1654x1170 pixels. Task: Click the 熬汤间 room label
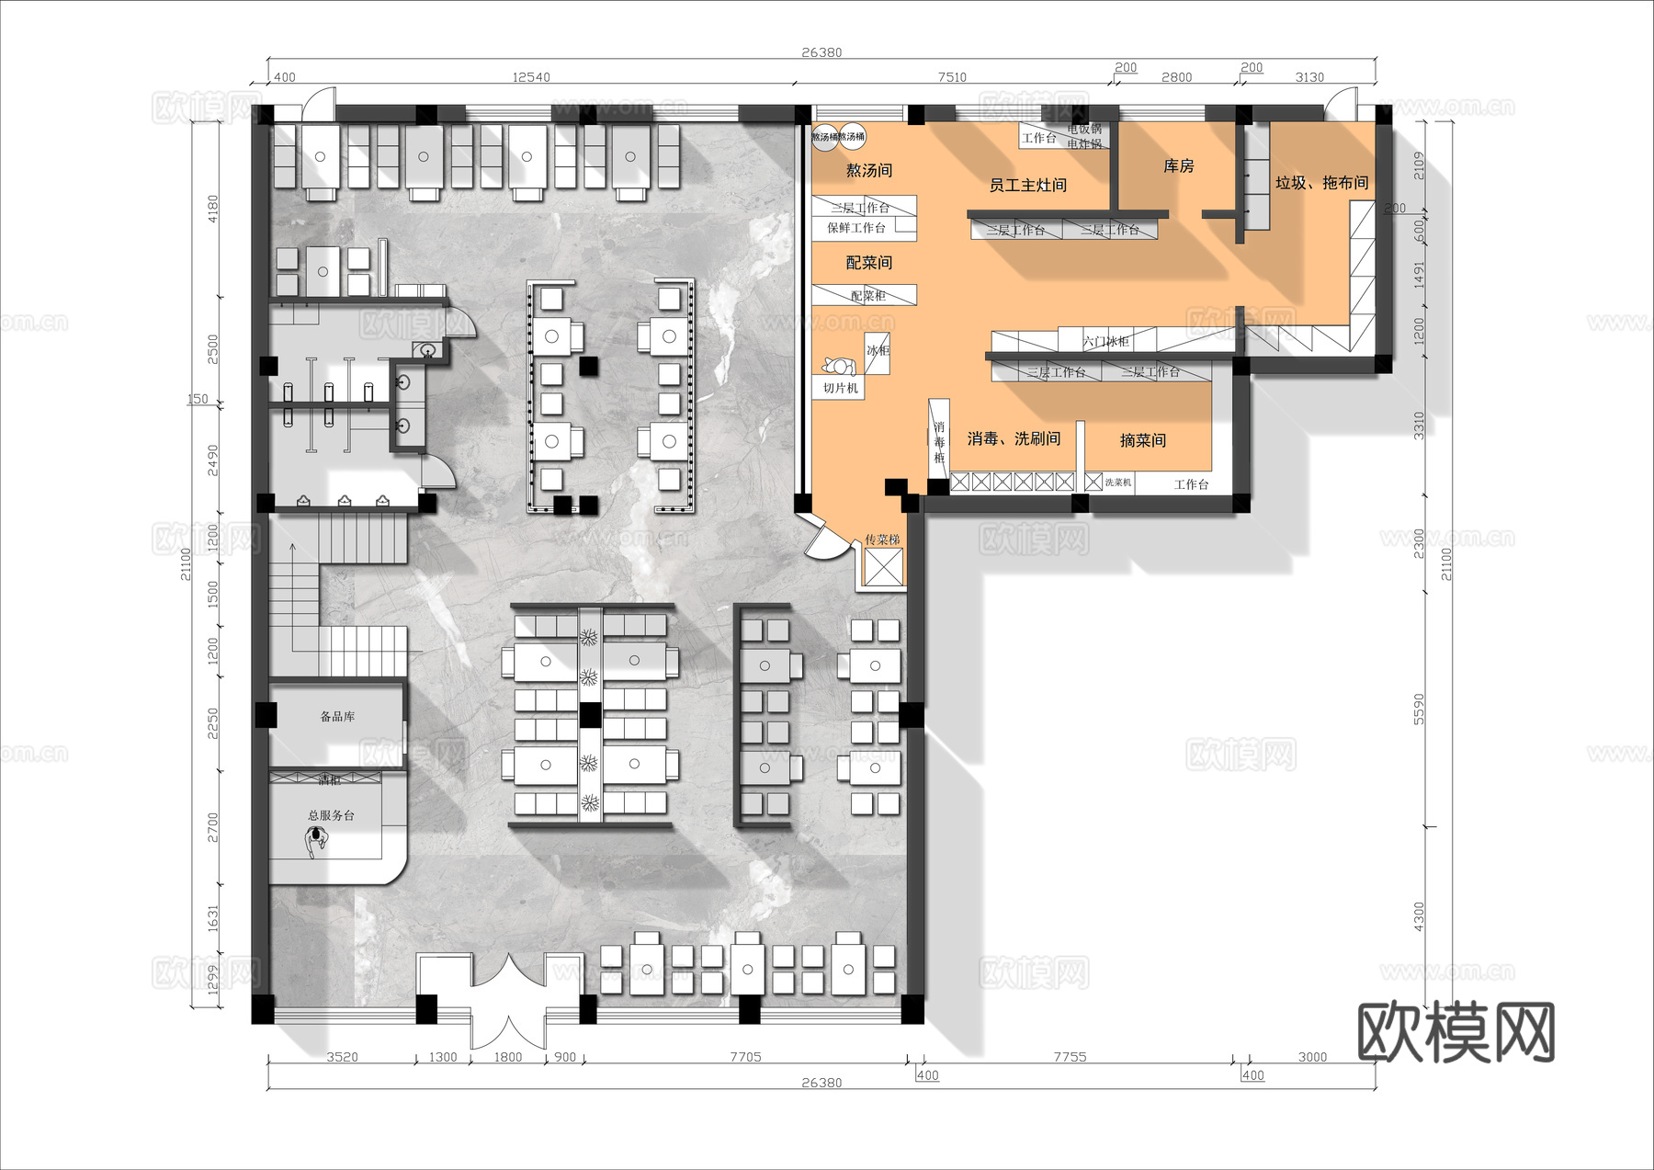click(x=868, y=170)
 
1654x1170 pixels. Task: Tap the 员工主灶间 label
click(x=1027, y=185)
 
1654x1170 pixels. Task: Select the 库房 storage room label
click(x=1178, y=165)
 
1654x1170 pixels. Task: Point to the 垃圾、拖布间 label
click(x=1320, y=183)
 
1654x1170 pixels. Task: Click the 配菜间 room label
click(x=868, y=263)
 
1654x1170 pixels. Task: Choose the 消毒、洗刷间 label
click(x=1014, y=438)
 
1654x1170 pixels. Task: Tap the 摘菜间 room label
click(x=1142, y=440)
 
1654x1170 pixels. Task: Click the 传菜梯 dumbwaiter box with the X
click(x=884, y=567)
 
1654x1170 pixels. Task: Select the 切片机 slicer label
click(x=840, y=389)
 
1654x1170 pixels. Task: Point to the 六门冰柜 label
click(x=1105, y=341)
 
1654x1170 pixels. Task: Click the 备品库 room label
click(x=337, y=716)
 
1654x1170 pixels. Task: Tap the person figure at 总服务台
click(x=317, y=840)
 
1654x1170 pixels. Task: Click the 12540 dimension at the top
click(x=531, y=77)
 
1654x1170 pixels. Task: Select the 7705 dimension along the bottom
click(x=745, y=1057)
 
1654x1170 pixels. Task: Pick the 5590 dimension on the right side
click(x=1419, y=709)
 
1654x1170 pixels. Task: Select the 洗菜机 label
click(x=1117, y=483)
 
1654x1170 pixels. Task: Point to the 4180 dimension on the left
click(x=213, y=209)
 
